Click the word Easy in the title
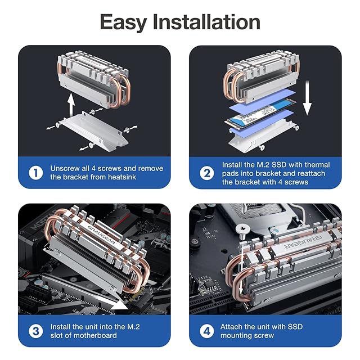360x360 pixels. coord(123,22)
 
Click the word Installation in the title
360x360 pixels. coord(206,21)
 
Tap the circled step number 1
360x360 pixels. coord(36,173)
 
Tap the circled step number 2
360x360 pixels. coord(207,173)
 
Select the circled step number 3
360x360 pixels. coord(36,331)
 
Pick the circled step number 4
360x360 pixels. coord(207,331)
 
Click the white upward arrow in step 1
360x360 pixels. coord(71,105)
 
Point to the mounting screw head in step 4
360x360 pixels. coord(242,229)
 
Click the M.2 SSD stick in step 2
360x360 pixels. coord(260,113)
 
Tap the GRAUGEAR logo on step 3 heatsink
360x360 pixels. coord(101,235)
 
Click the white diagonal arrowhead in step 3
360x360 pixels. coord(120,305)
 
